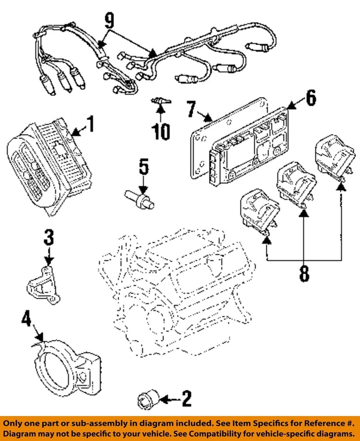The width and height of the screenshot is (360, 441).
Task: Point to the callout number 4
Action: [26, 319]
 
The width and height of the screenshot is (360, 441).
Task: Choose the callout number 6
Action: [311, 97]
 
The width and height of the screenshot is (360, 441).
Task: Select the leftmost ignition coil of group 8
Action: [258, 211]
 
